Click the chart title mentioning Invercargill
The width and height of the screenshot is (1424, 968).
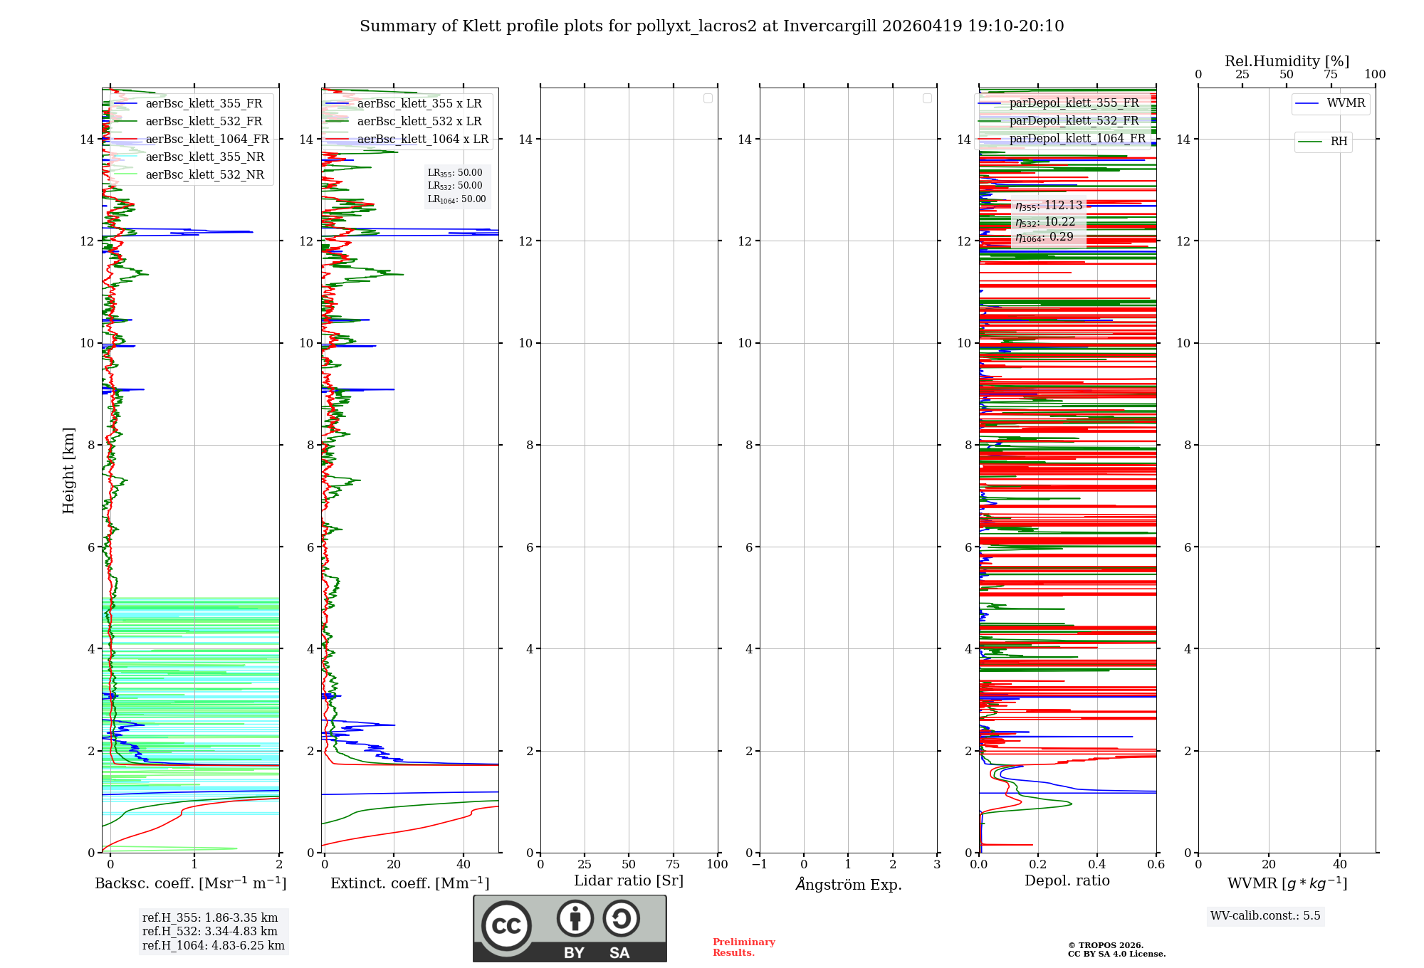click(711, 26)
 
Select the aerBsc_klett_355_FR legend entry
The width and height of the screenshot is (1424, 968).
click(204, 104)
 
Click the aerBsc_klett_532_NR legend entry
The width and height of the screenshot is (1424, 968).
click(204, 175)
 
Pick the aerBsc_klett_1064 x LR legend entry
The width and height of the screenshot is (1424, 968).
click(422, 140)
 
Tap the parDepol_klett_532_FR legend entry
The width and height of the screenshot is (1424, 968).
click(1074, 121)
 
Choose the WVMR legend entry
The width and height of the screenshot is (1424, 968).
click(1346, 103)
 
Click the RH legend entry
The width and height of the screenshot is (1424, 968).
click(1339, 142)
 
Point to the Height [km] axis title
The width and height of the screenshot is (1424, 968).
click(68, 470)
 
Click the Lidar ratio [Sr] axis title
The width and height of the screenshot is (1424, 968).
click(629, 881)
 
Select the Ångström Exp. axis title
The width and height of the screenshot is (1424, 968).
click(848, 885)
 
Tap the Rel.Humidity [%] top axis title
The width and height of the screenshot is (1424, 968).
click(1287, 61)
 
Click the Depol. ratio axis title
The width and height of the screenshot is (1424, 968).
click(1067, 881)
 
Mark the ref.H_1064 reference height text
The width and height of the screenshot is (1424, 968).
click(213, 946)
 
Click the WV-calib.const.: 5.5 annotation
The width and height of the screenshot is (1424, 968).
click(1265, 916)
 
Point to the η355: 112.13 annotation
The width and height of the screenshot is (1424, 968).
click(1049, 206)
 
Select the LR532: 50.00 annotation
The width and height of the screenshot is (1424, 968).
click(455, 186)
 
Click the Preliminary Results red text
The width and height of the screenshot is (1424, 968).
click(743, 947)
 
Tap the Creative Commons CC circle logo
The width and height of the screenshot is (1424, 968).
click(506, 926)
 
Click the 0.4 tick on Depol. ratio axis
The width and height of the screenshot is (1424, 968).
click(1097, 865)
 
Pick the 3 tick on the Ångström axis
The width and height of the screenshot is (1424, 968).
click(937, 865)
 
